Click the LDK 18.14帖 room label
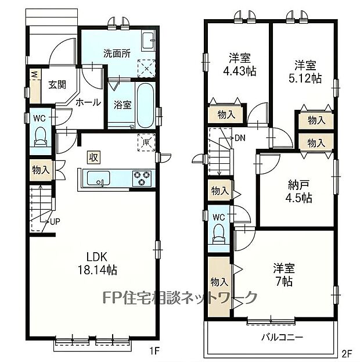(x=98, y=263)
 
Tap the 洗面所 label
(x=117, y=53)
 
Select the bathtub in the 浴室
(x=145, y=105)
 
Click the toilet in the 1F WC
(x=41, y=137)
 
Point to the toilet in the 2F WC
(x=218, y=234)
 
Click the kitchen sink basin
(x=98, y=178)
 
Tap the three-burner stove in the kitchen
(x=142, y=178)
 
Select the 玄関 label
(x=57, y=85)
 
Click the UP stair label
(x=55, y=221)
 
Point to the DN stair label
(x=240, y=138)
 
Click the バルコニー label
(x=282, y=338)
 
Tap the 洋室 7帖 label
(x=284, y=275)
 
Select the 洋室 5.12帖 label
(x=305, y=72)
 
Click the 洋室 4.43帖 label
(x=240, y=64)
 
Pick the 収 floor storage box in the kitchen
(x=93, y=157)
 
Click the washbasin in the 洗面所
(x=147, y=42)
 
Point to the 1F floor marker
(x=154, y=352)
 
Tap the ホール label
(x=88, y=102)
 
